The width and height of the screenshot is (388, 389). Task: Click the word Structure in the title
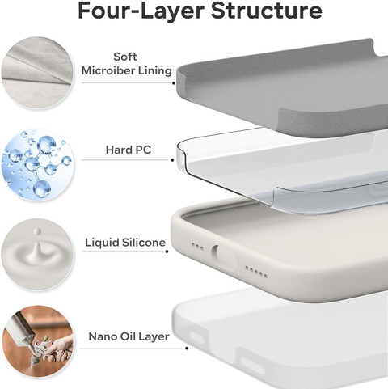(266, 11)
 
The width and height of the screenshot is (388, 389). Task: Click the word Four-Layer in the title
(141, 11)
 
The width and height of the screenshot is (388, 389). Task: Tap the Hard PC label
(129, 150)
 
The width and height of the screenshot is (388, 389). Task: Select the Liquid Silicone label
(125, 243)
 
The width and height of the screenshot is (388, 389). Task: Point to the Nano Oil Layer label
(129, 336)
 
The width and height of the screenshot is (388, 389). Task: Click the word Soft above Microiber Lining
(125, 57)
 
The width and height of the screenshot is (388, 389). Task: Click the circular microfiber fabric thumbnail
(37, 73)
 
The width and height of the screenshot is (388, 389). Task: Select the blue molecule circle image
(37, 164)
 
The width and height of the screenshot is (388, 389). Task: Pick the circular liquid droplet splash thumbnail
(37, 255)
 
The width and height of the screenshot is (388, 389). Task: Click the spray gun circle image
(37, 342)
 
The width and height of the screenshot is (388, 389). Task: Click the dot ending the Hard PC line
(172, 160)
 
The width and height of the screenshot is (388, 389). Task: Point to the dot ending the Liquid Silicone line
(167, 252)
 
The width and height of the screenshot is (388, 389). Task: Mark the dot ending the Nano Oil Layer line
(187, 349)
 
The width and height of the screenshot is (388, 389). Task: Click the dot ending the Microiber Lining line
(174, 83)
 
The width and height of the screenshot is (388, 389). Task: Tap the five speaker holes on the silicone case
(256, 272)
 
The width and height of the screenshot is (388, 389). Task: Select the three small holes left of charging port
(197, 247)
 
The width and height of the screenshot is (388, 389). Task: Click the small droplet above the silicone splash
(37, 231)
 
